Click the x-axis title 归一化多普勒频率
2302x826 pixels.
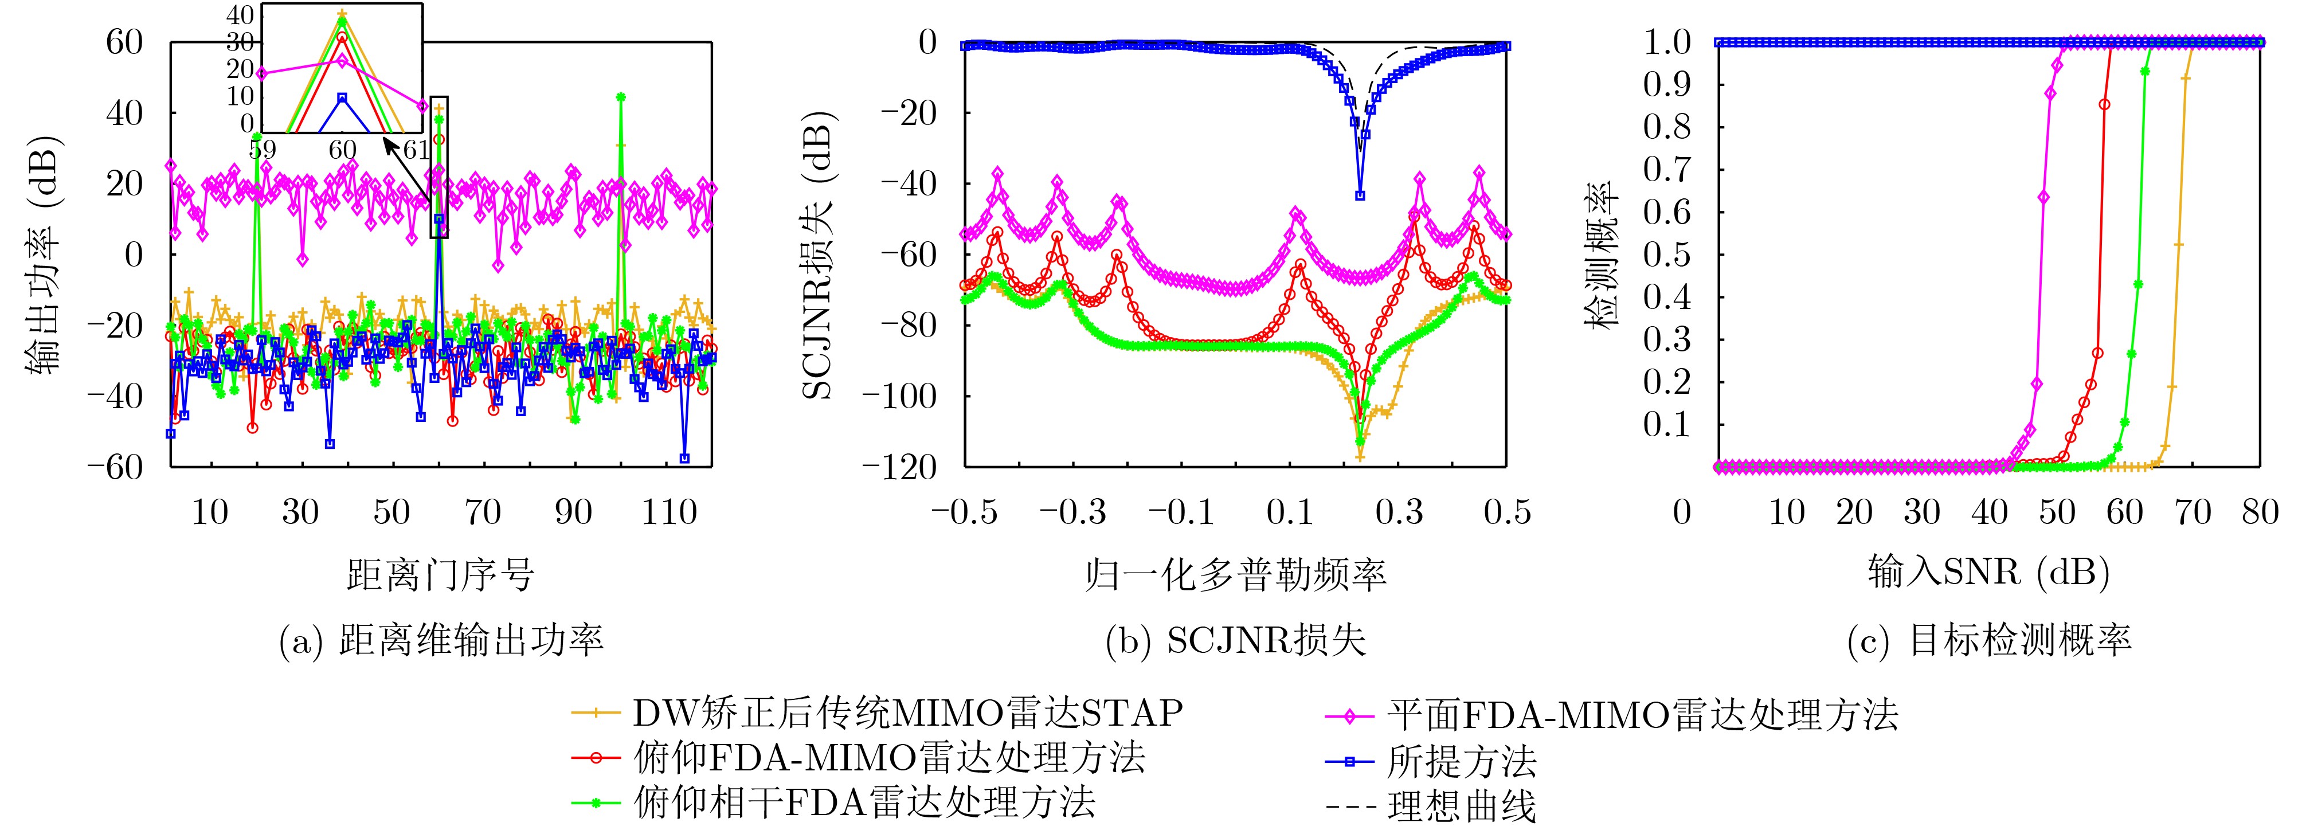pos(1235,573)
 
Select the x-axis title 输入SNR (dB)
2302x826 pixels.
pos(1988,571)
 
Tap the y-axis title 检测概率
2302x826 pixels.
pos(1602,255)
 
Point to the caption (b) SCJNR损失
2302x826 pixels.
pos(1235,641)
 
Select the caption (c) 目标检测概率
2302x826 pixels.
pos(1989,641)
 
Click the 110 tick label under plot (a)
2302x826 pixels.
pos(668,512)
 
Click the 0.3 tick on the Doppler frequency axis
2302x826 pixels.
pos(1399,512)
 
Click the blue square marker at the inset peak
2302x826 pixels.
pos(342,99)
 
